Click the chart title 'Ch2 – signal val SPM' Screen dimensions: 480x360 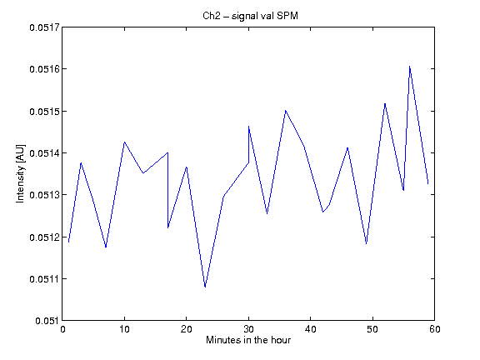click(x=250, y=16)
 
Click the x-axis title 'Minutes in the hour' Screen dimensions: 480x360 click(x=248, y=340)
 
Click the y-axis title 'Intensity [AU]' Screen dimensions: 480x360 click(x=20, y=173)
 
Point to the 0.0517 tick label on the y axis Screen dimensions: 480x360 click(x=44, y=27)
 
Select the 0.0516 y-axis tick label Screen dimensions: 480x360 click(x=44, y=69)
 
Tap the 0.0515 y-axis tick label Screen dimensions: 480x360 click(x=44, y=112)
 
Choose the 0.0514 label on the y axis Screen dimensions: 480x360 click(x=44, y=153)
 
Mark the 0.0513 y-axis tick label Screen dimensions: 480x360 click(x=44, y=195)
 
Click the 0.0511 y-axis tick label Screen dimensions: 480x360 click(x=44, y=279)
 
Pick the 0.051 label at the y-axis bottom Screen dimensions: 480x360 click(x=47, y=321)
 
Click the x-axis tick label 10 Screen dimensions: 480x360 click(x=124, y=329)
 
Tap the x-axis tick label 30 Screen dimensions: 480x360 click(x=248, y=329)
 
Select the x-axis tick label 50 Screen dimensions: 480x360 click(x=372, y=329)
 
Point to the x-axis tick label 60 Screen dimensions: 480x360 click(x=435, y=329)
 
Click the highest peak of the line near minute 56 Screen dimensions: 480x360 click(x=410, y=67)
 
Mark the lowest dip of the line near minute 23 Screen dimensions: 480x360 click(x=205, y=287)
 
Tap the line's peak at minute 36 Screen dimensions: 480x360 click(x=286, y=111)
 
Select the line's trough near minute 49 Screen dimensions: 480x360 click(x=366, y=243)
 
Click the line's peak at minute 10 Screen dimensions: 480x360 click(x=124, y=142)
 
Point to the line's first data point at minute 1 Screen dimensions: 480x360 click(x=68, y=242)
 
